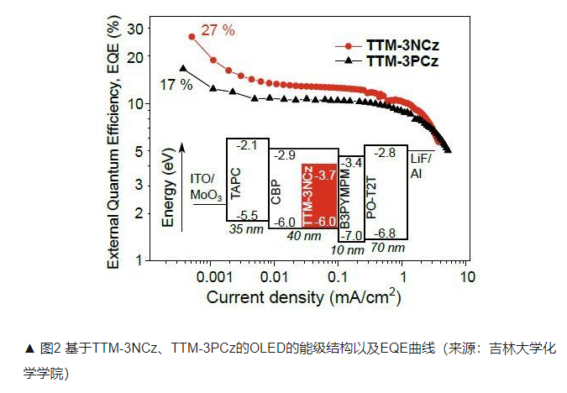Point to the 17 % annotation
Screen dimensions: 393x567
coord(176,85)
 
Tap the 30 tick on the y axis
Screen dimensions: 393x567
coord(135,29)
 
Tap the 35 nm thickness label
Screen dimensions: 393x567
coord(245,228)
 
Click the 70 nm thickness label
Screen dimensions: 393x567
coord(387,247)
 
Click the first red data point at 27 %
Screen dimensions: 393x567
coord(192,37)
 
